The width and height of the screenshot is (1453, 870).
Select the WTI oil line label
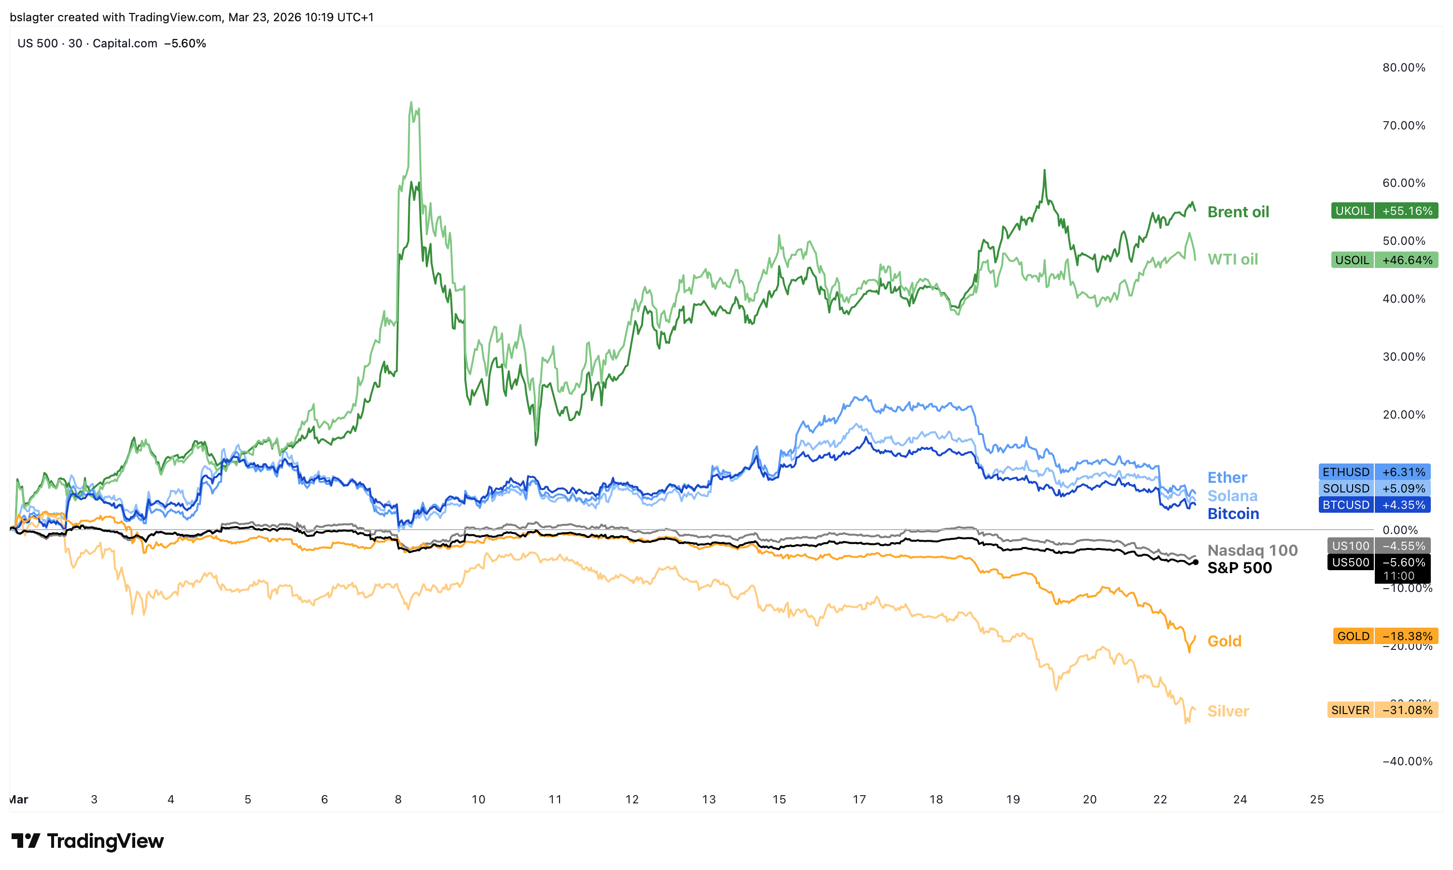(1232, 259)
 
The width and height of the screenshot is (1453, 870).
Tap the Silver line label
(1228, 711)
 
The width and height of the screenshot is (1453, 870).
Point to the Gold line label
(1224, 641)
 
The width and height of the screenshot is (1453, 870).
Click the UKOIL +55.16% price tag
(1384, 210)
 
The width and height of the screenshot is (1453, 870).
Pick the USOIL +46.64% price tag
(1384, 260)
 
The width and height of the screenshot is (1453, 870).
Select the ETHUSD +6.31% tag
(1373, 472)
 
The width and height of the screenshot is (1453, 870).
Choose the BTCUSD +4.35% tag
(1373, 505)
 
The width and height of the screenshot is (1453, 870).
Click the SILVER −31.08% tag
(1382, 710)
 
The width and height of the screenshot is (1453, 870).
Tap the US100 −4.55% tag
(1378, 546)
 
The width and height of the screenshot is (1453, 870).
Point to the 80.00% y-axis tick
(1403, 68)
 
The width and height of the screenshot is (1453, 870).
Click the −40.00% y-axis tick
(1407, 761)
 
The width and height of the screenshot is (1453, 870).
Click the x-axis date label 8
(398, 799)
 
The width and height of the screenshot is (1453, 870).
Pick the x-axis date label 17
(859, 799)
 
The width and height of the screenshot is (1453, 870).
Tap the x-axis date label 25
(1316, 799)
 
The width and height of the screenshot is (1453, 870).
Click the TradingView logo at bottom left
(88, 841)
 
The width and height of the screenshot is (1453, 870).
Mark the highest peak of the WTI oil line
(411, 102)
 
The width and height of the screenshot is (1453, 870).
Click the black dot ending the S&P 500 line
(1195, 562)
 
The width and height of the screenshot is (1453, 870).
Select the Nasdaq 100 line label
(1252, 550)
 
